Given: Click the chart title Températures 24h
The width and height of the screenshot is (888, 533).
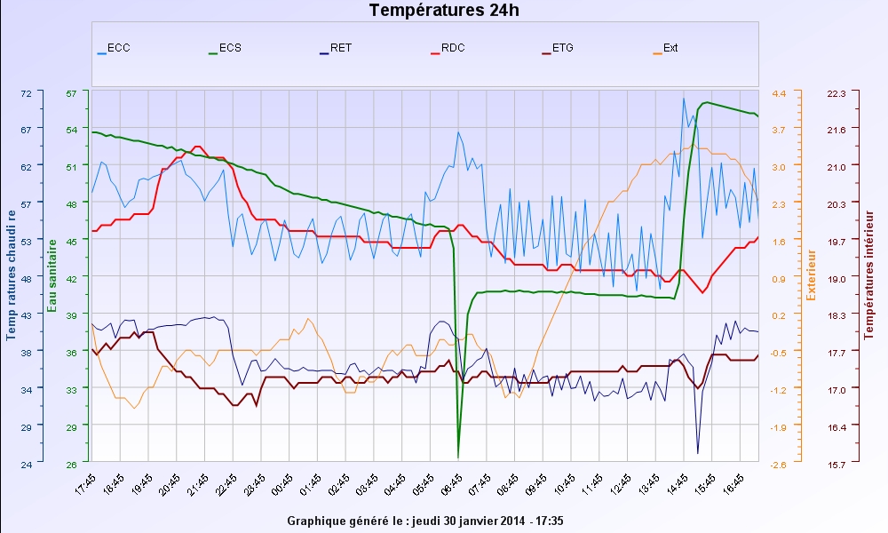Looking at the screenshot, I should (444, 11).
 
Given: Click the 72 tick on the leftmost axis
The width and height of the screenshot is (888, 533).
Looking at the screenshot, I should (26, 93).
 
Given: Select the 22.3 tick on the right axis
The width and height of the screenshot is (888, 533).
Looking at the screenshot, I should (837, 93).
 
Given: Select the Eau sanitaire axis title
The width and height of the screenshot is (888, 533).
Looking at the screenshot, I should (52, 275).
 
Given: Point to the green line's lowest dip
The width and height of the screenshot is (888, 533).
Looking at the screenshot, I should (458, 457).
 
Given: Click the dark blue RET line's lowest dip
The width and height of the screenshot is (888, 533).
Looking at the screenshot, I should (698, 453).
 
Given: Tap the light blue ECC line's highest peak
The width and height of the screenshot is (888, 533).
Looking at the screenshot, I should (683, 98).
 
